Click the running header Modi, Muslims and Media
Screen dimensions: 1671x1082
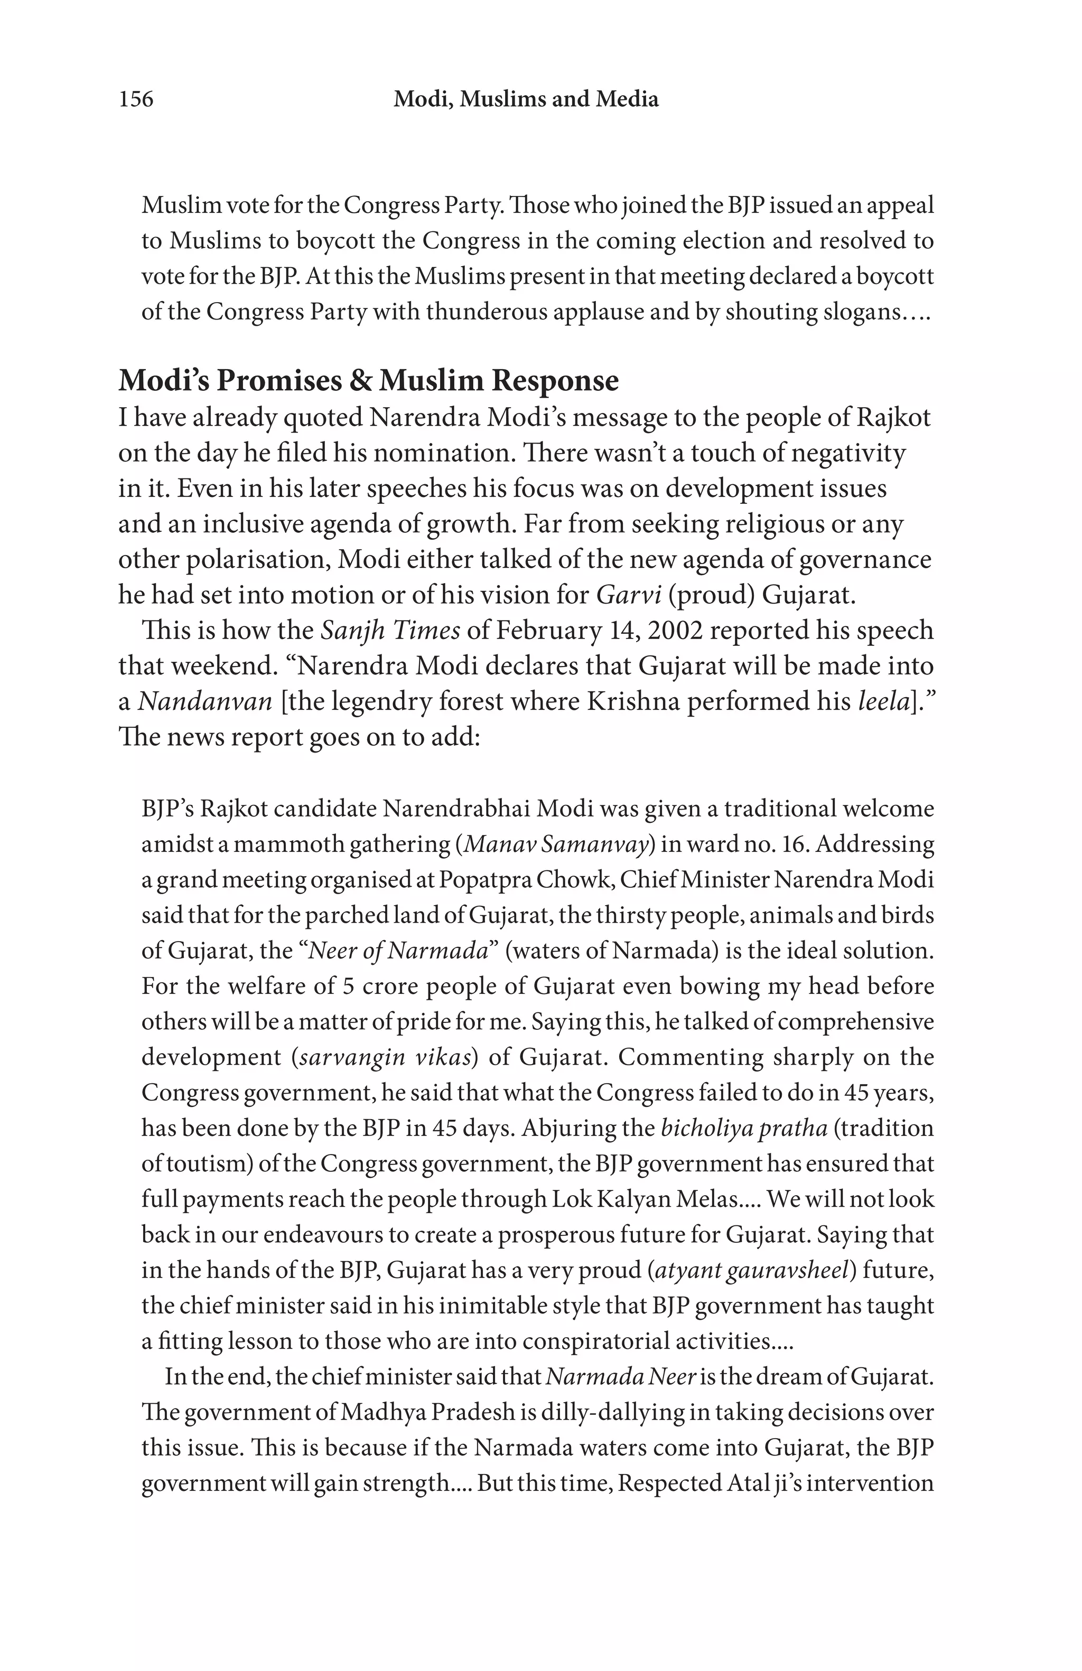(x=526, y=99)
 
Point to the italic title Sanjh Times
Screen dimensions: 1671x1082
(x=390, y=631)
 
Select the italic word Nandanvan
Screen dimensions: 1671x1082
(x=204, y=701)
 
